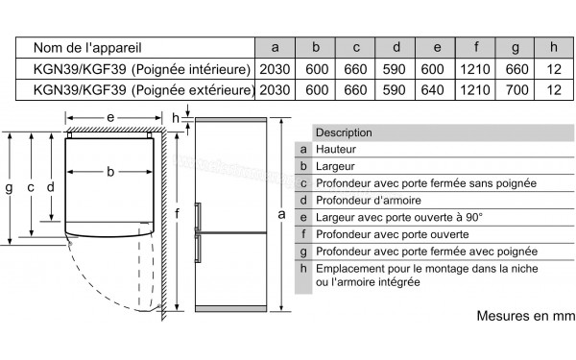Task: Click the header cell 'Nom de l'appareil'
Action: tap(87, 48)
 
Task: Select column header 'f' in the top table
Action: tap(476, 47)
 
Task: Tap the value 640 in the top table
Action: tap(432, 90)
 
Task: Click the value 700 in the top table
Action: tap(516, 90)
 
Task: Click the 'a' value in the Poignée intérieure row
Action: tap(275, 69)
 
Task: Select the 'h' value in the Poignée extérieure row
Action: tap(554, 90)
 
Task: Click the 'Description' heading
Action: tap(344, 132)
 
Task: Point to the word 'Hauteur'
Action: tap(336, 149)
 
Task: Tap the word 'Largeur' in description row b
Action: tap(335, 166)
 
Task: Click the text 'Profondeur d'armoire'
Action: tap(368, 201)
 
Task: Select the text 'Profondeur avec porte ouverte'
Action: tap(392, 234)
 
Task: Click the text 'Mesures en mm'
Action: tap(526, 316)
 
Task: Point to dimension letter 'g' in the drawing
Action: tap(9, 188)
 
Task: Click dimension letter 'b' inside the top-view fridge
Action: tap(110, 172)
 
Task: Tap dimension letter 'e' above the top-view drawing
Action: tap(110, 118)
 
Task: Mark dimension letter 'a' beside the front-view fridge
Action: tap(281, 214)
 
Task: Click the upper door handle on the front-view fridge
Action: tap(198, 217)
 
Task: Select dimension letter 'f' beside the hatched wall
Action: tap(177, 213)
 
